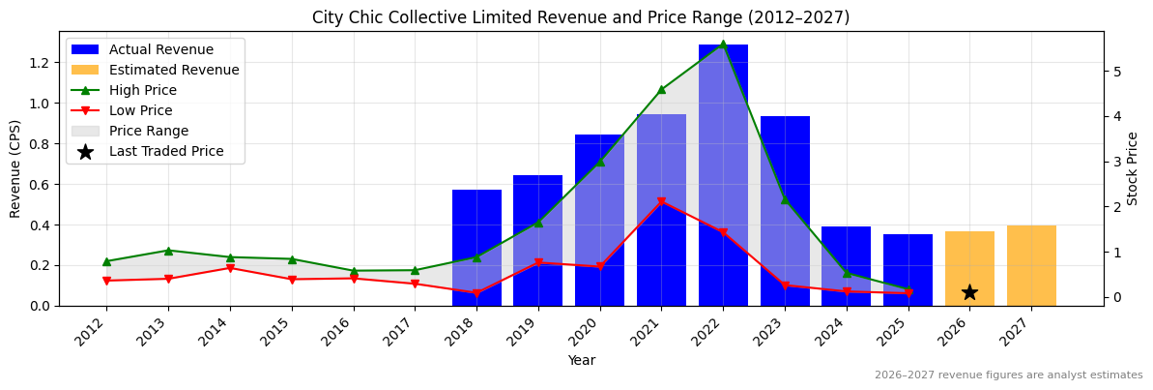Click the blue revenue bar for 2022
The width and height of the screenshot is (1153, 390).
coord(723,174)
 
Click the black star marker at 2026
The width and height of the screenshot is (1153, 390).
coord(969,292)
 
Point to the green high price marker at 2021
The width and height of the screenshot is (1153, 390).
coord(661,89)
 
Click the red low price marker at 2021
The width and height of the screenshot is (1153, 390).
coord(661,202)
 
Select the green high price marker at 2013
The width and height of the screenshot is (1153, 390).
coord(168,251)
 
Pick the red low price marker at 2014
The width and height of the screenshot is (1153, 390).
coord(230,268)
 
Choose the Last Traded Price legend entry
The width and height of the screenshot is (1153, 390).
coord(166,151)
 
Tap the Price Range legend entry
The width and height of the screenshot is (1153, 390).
coord(149,131)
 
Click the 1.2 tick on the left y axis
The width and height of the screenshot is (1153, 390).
coord(39,63)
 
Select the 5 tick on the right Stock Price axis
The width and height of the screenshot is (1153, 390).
coord(1115,72)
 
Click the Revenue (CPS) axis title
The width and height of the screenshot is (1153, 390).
coord(15,168)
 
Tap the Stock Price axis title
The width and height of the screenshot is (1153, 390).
coord(1133,168)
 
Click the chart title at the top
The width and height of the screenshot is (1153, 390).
coord(581,17)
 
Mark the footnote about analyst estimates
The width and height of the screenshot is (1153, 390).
coord(1008,375)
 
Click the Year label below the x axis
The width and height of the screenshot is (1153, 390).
coord(581,360)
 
